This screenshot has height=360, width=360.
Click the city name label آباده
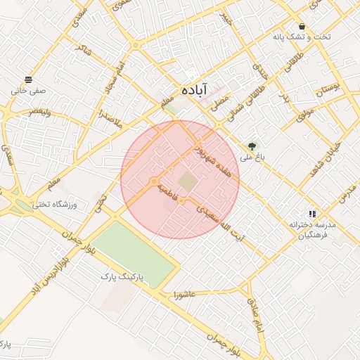(x=193, y=90)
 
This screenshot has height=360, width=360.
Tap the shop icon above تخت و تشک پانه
(x=302, y=26)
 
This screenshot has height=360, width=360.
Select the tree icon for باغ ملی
(x=252, y=146)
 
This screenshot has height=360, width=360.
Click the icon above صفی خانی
(x=27, y=79)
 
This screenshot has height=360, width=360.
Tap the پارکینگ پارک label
(x=122, y=278)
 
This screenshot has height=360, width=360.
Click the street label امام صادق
(x=255, y=310)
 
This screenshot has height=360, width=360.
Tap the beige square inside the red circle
(x=187, y=181)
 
